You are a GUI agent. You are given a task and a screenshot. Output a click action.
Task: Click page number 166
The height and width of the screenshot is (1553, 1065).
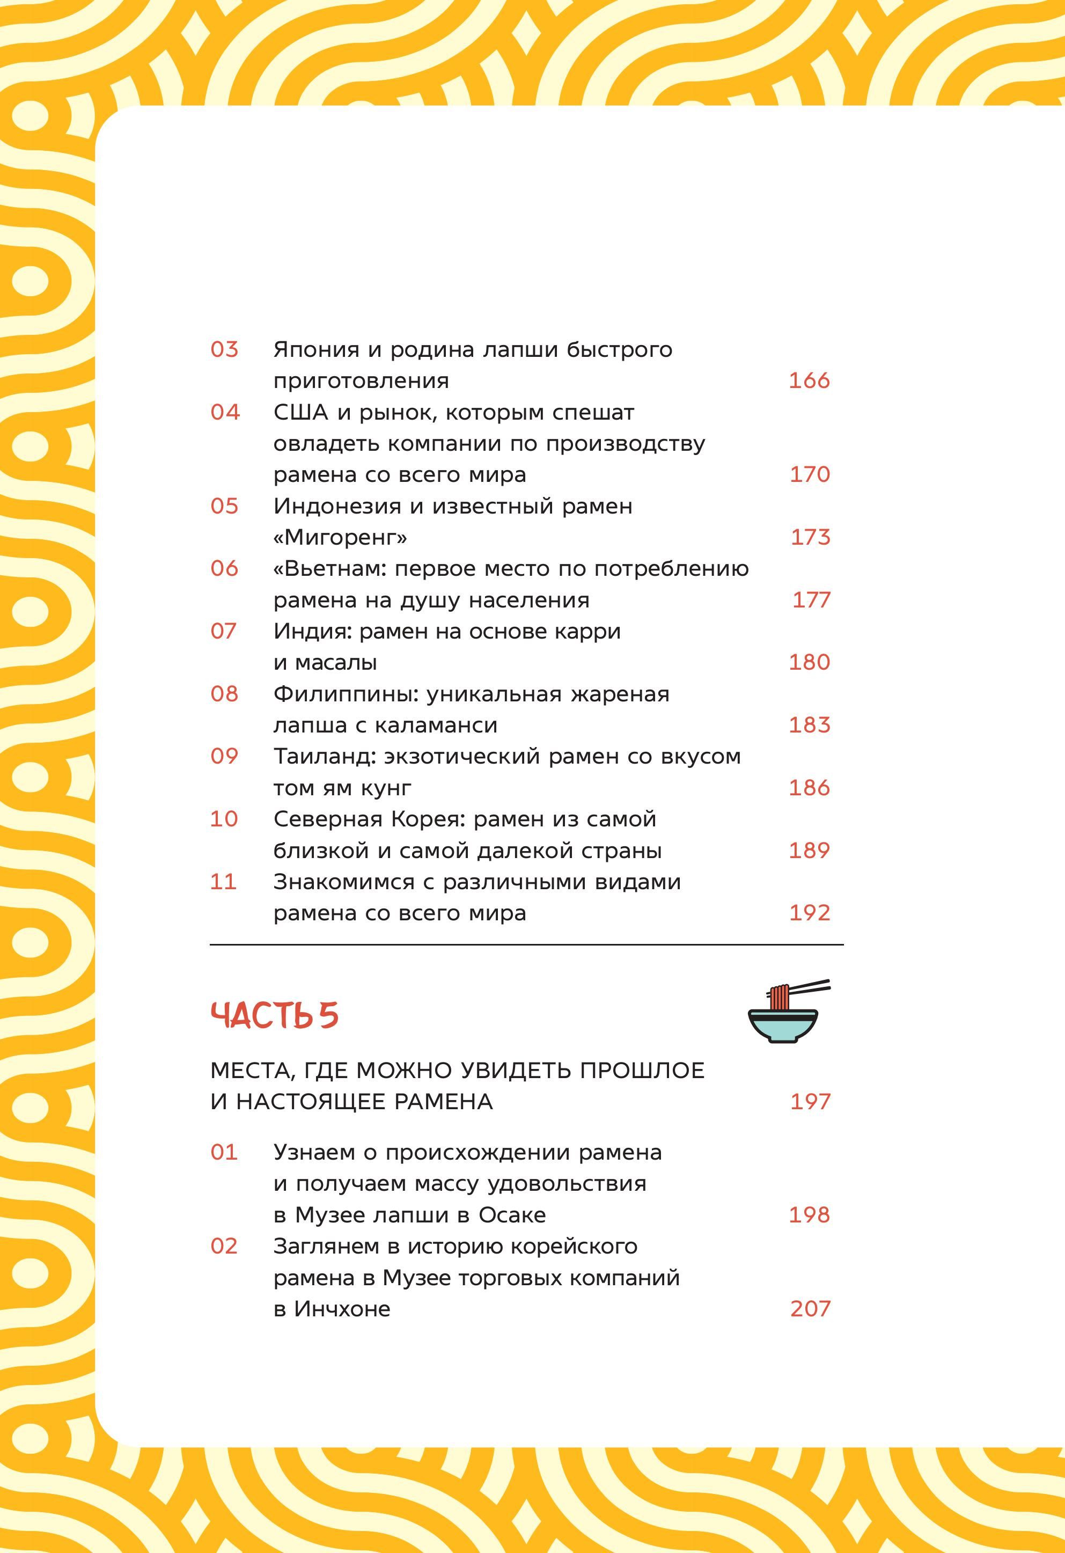[809, 380]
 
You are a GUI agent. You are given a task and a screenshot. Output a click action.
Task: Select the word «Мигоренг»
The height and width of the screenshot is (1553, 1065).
[340, 537]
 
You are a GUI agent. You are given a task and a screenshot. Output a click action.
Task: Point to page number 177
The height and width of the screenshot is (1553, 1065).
[811, 599]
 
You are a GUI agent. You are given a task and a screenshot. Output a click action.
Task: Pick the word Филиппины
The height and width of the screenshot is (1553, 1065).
[346, 694]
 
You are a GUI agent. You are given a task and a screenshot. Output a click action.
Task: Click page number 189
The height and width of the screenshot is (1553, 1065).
[809, 850]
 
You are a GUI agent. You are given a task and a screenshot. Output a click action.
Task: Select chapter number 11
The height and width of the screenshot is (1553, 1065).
[223, 882]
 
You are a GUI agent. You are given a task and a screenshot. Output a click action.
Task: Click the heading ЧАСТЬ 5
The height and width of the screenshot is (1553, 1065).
[275, 1015]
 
